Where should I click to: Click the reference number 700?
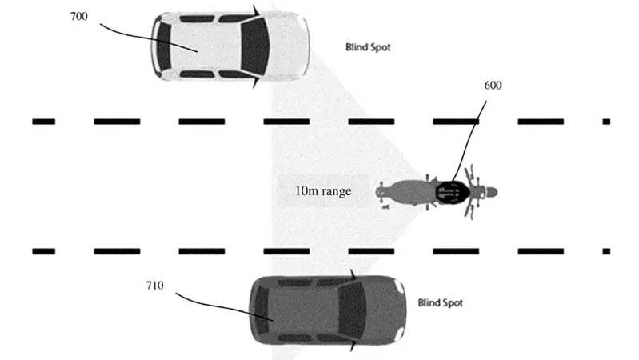pos(78,16)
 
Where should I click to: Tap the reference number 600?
pos(493,86)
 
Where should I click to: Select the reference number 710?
pos(154,286)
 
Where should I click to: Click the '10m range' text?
pos(323,191)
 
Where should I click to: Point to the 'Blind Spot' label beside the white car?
pos(368,47)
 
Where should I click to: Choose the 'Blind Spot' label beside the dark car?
pos(441,303)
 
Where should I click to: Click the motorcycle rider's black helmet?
pos(453,192)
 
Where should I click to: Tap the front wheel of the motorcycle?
pos(490,192)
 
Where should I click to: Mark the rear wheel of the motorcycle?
pos(381,192)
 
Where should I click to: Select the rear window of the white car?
pos(164,46)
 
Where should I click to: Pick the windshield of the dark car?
pos(353,309)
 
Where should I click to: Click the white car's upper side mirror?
pos(256,10)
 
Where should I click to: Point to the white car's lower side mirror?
pos(256,82)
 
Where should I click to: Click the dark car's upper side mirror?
pos(353,274)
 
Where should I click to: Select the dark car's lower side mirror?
pos(353,346)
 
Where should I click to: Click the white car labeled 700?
pos(230,46)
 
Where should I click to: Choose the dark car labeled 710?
pos(328,310)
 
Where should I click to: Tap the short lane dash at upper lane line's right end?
pos(606,122)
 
